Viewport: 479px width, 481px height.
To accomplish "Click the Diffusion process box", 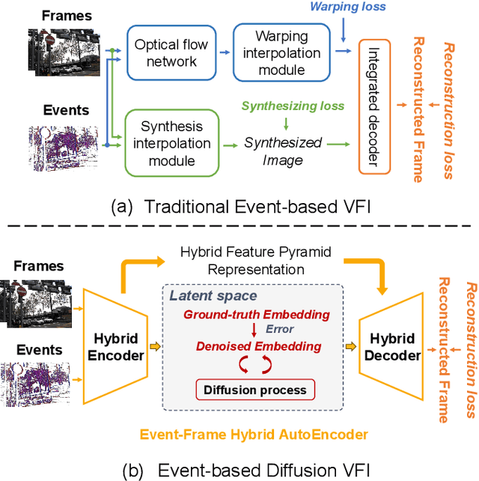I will [256, 390].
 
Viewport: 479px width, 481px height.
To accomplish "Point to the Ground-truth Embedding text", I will [257, 314].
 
